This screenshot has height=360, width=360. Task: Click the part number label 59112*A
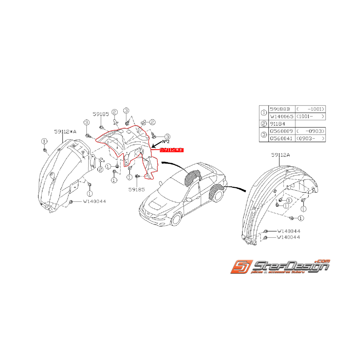click(x=65, y=131)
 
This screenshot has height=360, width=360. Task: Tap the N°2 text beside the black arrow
click(x=166, y=142)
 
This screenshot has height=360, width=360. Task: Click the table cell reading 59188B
click(x=281, y=109)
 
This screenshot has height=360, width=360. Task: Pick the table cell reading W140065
click(x=281, y=116)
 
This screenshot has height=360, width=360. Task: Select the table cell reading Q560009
click(x=281, y=131)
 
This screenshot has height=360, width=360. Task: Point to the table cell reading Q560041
click(x=281, y=138)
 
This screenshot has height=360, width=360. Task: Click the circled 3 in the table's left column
click(x=264, y=135)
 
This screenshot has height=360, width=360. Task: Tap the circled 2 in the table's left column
click(x=264, y=124)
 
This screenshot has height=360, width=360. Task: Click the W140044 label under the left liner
click(x=94, y=201)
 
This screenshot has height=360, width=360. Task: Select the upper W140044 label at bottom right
click(x=288, y=231)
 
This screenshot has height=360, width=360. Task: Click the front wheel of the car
click(x=176, y=220)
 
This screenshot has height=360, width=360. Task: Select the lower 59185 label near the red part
click(x=137, y=189)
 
